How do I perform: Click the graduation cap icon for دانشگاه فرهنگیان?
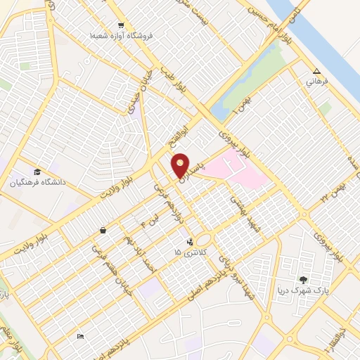point(37,172)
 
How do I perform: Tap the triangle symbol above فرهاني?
point(316,71)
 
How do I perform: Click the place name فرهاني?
point(314,82)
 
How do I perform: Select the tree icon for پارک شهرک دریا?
point(304,279)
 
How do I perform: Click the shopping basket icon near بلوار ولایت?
point(103,229)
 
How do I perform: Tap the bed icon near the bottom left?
point(80,337)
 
